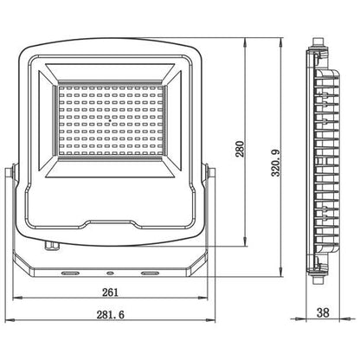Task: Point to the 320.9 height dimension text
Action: click(275, 162)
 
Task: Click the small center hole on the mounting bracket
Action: click(109, 273)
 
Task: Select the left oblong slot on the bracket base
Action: click(69, 273)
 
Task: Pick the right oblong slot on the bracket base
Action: click(150, 273)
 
